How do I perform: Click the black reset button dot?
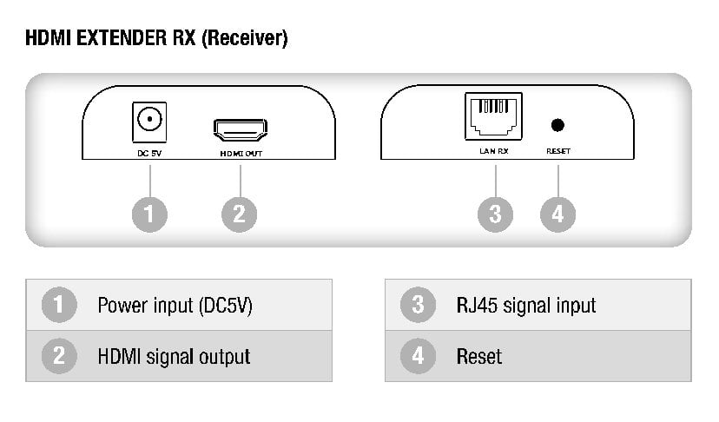(x=557, y=125)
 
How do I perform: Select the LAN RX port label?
(x=494, y=152)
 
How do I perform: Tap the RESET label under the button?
(x=558, y=152)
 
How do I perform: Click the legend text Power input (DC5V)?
(x=175, y=306)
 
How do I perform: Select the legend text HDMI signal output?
(x=174, y=356)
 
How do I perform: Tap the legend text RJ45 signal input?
(x=525, y=306)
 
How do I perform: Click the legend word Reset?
(x=478, y=356)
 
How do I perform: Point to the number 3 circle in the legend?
(x=418, y=306)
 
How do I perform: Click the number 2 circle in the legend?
(x=58, y=356)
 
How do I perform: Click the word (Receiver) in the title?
(x=246, y=38)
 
